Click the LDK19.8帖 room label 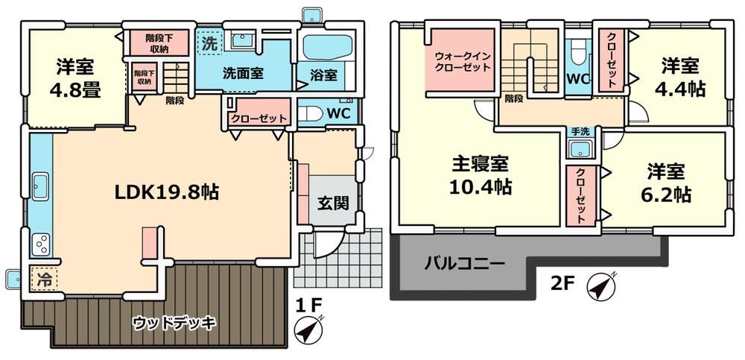(166, 192)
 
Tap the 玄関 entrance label (334, 203)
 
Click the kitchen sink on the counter (40, 187)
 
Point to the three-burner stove (40, 244)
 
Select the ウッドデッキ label (174, 323)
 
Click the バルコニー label (464, 262)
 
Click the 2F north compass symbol (600, 286)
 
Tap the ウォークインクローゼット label (463, 61)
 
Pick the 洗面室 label (244, 74)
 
